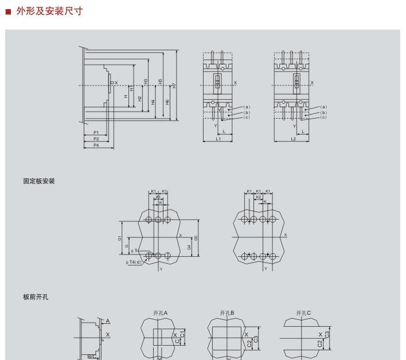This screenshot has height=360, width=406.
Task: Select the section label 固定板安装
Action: (x=39, y=181)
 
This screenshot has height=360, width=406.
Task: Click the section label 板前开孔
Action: (x=35, y=297)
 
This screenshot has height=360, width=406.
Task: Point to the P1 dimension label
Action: (x=96, y=132)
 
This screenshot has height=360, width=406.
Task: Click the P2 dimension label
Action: (x=96, y=139)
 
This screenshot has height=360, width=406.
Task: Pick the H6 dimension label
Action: (x=167, y=101)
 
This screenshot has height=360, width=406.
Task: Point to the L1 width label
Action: (x=218, y=139)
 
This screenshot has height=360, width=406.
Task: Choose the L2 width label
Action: (x=293, y=139)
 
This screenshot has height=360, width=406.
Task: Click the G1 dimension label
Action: (x=120, y=237)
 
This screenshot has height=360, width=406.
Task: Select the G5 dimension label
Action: (x=196, y=237)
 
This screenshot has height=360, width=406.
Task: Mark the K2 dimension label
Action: (x=259, y=197)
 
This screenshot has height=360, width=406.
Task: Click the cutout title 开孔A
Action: (x=160, y=313)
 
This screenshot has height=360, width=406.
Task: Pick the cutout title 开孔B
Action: (x=227, y=313)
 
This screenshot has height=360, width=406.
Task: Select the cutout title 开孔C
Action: (x=303, y=313)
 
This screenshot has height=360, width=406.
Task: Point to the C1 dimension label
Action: (x=182, y=334)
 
